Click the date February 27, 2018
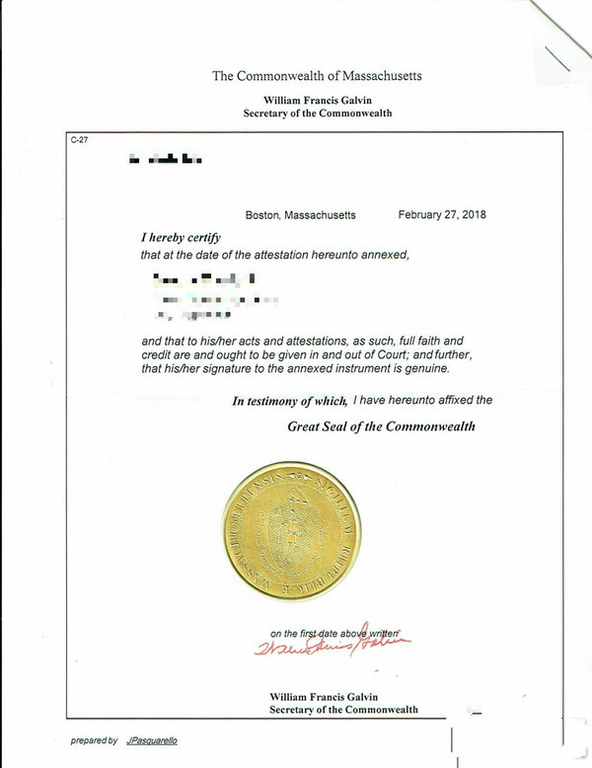[x=442, y=214]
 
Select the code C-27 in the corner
[x=79, y=140]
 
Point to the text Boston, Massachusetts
[x=300, y=214]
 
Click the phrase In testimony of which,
[x=289, y=401]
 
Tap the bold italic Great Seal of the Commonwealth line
[x=381, y=427]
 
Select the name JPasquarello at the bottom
[x=152, y=740]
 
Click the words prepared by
[x=94, y=740]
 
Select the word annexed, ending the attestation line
[x=386, y=255]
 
